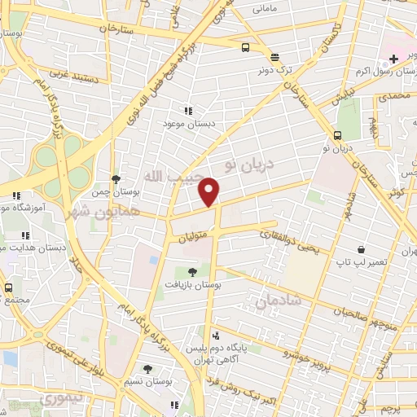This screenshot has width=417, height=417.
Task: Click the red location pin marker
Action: pos(210,191)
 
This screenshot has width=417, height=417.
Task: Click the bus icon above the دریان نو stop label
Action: pos(337,135)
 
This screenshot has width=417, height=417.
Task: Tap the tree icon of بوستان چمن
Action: pos(116,178)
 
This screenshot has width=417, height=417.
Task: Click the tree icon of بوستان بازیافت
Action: pos(192,272)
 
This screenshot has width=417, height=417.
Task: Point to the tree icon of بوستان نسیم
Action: pos(147,369)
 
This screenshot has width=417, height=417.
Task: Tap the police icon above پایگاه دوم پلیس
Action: pos(216,334)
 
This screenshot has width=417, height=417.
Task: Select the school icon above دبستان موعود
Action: pos(189,110)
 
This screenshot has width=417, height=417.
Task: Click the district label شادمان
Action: pos(278,301)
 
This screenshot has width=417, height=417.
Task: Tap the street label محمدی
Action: pos(393,96)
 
